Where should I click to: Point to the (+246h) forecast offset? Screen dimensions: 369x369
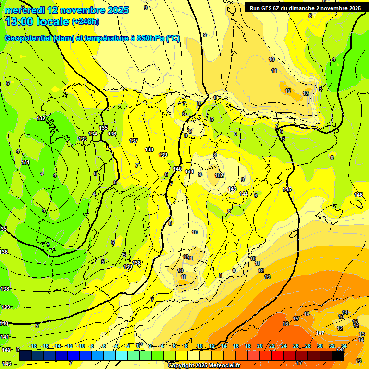(x=86, y=22)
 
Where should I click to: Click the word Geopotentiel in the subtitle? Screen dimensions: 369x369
(x=28, y=38)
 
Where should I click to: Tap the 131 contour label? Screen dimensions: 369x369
(x=25, y=162)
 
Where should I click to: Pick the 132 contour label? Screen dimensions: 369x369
(x=41, y=118)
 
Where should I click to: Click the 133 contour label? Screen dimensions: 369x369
(x=83, y=139)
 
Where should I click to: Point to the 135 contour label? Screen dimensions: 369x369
(x=104, y=128)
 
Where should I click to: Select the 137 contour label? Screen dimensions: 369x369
(x=134, y=141)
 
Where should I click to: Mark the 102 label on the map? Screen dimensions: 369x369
(x=220, y=175)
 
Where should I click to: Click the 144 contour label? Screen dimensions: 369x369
(x=244, y=194)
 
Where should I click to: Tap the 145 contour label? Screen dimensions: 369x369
(x=287, y=190)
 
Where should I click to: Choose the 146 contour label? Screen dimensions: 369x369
(x=358, y=195)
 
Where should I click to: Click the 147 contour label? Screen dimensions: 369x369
(x=320, y=333)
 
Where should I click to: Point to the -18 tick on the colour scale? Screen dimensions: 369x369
(x=33, y=346)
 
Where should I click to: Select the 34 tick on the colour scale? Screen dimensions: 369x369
(x=344, y=346)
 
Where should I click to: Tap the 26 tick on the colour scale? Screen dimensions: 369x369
(x=295, y=346)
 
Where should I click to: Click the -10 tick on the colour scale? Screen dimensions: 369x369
(x=81, y=346)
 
